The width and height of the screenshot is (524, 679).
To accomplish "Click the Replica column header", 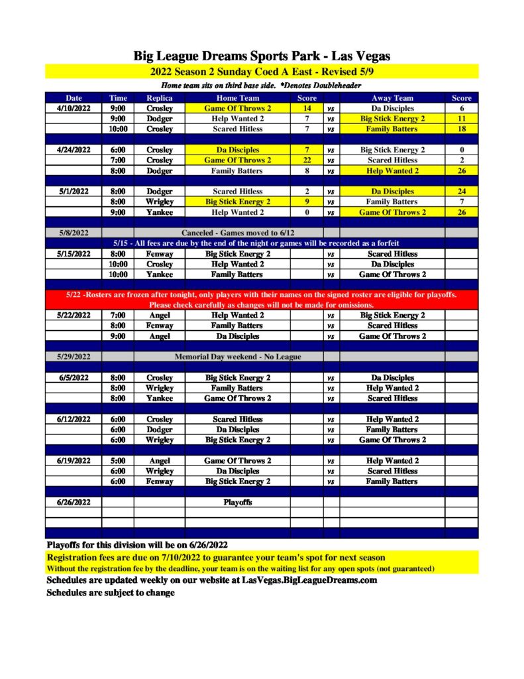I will pyautogui.click(x=159, y=98).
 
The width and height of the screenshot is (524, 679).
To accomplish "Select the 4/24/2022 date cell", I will pyautogui.click(x=74, y=150).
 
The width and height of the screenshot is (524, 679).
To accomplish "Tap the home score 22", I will pyautogui.click(x=307, y=160).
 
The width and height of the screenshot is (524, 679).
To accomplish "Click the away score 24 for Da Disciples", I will pyautogui.click(x=461, y=192).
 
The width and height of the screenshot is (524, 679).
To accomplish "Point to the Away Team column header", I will pyautogui.click(x=392, y=98).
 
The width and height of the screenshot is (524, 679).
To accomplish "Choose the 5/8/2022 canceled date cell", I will pyautogui.click(x=74, y=233).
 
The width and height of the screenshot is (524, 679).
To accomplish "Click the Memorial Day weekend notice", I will pyautogui.click(x=237, y=357).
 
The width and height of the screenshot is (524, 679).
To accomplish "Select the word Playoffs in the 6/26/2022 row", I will pyautogui.click(x=237, y=503).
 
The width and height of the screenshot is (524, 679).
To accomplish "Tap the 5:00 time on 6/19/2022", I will pyautogui.click(x=118, y=461).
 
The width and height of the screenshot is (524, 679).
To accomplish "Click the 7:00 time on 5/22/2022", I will pyautogui.click(x=118, y=316).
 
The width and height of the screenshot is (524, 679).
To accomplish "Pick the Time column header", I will pyautogui.click(x=118, y=98).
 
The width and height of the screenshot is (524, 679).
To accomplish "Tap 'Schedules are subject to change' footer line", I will pyautogui.click(x=111, y=593).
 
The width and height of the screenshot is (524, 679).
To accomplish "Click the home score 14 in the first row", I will pyautogui.click(x=307, y=108).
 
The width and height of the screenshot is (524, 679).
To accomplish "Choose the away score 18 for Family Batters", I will pyautogui.click(x=461, y=129).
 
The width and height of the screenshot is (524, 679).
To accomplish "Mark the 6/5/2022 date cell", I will pyautogui.click(x=74, y=378).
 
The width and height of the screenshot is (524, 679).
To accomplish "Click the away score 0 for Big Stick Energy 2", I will pyautogui.click(x=461, y=150).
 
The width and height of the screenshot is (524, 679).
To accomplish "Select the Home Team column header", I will pyautogui.click(x=237, y=98).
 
